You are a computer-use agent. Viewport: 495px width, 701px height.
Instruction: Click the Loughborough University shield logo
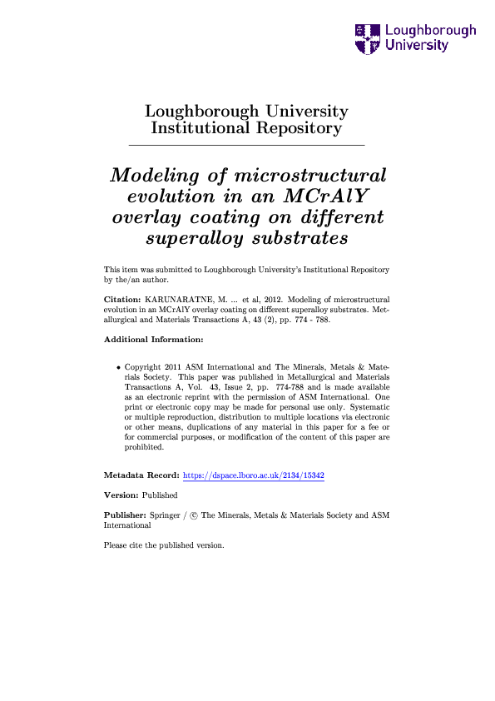[367, 38]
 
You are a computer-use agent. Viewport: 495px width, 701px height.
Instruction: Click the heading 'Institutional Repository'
[246, 128]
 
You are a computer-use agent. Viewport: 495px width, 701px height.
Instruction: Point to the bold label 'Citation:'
[121, 297]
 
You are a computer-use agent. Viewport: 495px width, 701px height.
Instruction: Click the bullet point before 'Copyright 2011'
[118, 367]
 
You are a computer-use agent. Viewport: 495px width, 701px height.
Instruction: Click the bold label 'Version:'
[121, 495]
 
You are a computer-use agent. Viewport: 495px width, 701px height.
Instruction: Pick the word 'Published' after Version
[160, 495]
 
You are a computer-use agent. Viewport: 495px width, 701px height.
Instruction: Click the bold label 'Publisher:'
[125, 515]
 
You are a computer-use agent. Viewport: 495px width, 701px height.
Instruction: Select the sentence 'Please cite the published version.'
[164, 546]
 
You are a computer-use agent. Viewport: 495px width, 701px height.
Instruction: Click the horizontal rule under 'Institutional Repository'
[246, 146]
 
